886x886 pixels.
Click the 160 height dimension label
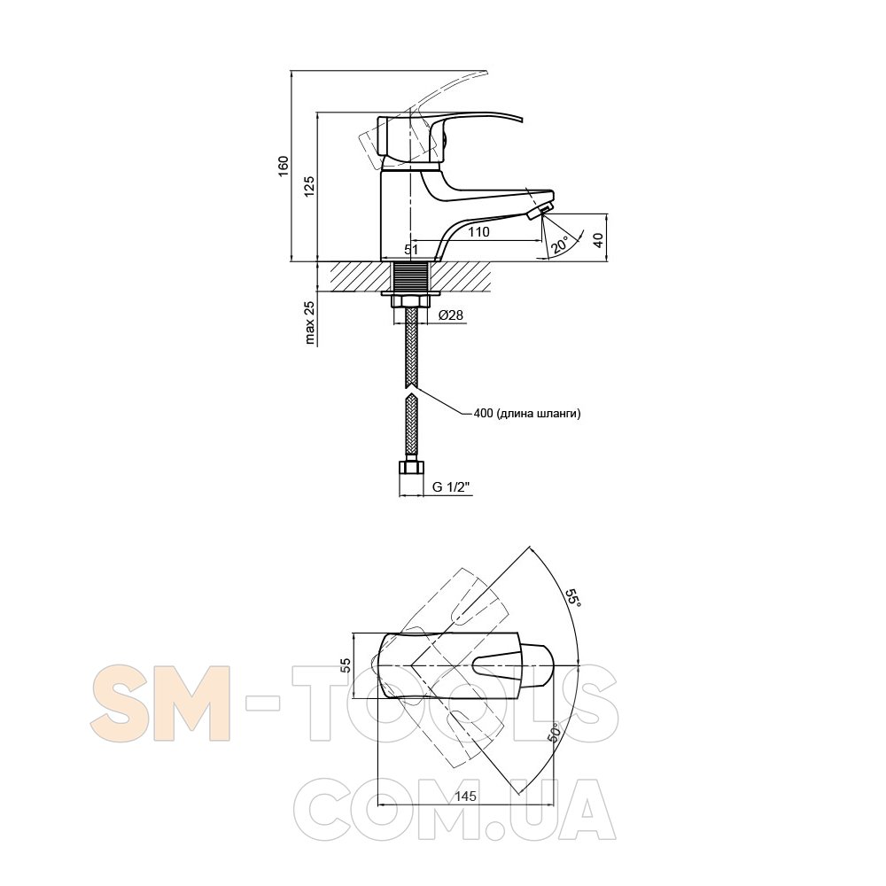coord(284,166)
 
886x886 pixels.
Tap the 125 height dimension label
coord(309,186)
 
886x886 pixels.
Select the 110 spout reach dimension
coord(478,231)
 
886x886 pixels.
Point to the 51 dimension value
coord(411,249)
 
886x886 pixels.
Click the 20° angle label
coord(561,245)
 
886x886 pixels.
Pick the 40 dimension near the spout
coord(598,239)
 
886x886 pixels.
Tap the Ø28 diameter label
coord(451,315)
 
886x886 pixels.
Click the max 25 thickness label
coord(309,323)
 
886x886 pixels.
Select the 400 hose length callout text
coord(527,413)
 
